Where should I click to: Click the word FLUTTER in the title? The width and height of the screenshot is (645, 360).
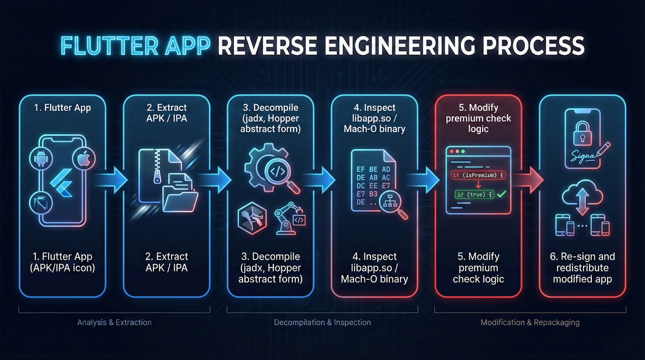pyautogui.click(x=110, y=46)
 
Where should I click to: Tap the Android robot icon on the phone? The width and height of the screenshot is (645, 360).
pyautogui.click(x=41, y=158)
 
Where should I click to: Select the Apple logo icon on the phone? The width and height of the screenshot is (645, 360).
pyautogui.click(x=84, y=159)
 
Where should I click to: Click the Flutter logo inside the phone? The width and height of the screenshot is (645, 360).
pyautogui.click(x=62, y=183)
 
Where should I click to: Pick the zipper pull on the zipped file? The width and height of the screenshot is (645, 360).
pyautogui.click(x=157, y=178)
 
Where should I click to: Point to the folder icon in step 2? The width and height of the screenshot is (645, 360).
pyautogui.click(x=180, y=198)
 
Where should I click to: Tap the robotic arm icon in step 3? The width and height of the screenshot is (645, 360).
pyautogui.click(x=289, y=218)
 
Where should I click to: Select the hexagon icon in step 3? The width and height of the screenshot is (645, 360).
pyautogui.click(x=252, y=218)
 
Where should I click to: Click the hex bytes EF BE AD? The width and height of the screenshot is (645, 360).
pyautogui.click(x=373, y=169)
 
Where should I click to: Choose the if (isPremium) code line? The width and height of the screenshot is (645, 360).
pyautogui.click(x=478, y=175)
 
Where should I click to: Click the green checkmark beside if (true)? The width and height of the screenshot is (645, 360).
pyautogui.click(x=501, y=194)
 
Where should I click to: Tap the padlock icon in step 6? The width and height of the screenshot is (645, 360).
pyautogui.click(x=583, y=133)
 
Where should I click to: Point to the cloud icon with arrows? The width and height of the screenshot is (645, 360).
pyautogui.click(x=582, y=196)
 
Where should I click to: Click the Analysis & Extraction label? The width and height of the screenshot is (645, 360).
pyautogui.click(x=114, y=323)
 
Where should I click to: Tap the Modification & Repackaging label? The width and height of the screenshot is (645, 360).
pyautogui.click(x=530, y=323)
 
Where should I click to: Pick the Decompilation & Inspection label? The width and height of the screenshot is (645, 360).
pyautogui.click(x=322, y=323)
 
